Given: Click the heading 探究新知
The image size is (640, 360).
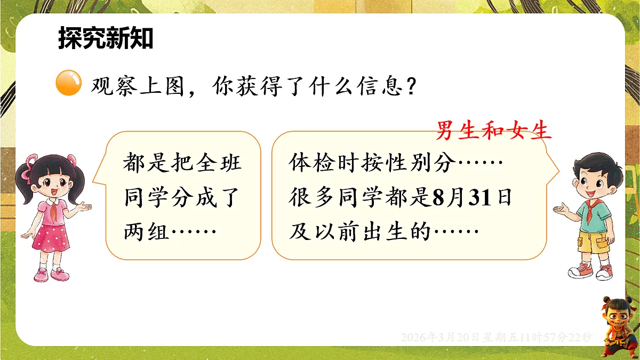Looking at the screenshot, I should click(x=106, y=39).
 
